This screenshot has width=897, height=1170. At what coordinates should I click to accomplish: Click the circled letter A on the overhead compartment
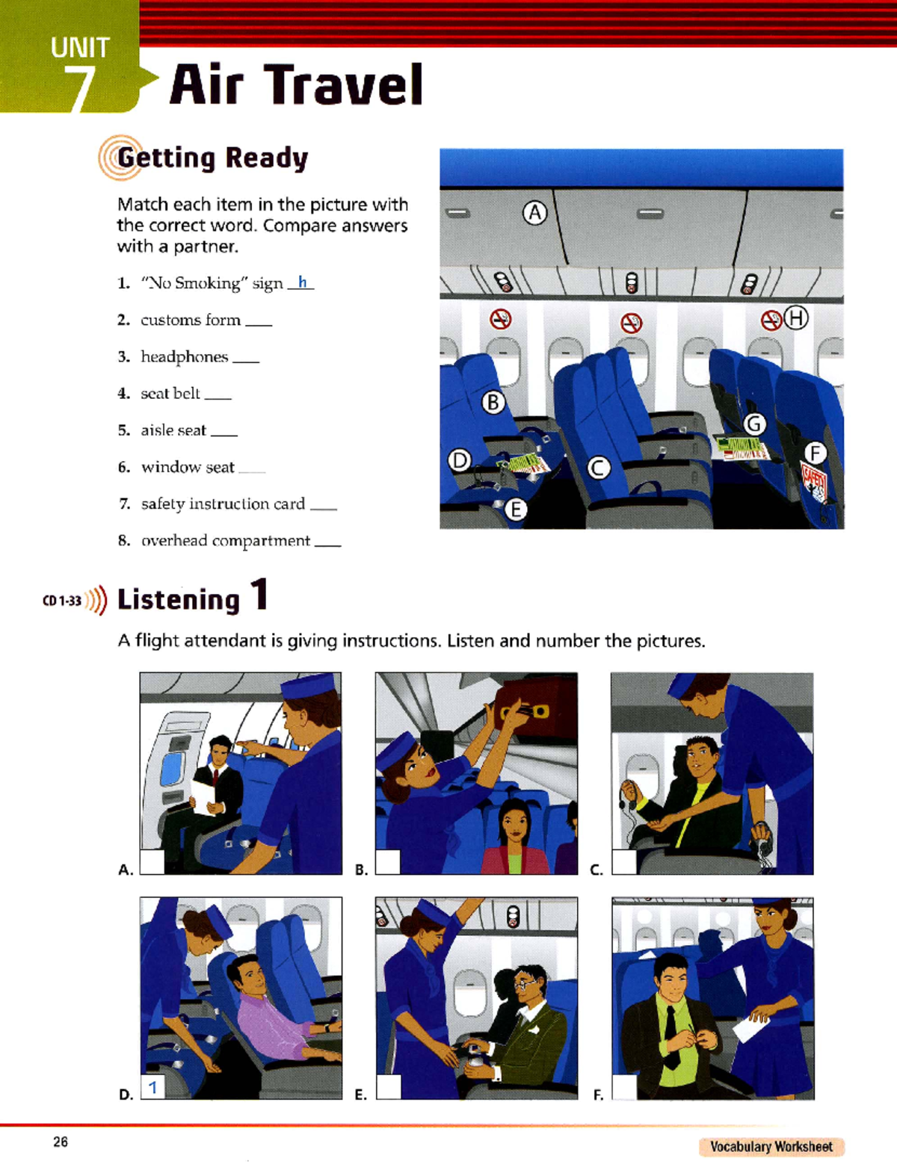534,214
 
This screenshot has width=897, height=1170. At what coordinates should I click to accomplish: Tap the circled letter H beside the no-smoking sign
797,318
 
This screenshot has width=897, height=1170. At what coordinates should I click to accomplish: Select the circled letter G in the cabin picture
754,424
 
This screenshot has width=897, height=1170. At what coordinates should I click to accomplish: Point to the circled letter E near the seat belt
516,510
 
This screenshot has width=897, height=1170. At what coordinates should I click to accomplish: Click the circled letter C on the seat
598,468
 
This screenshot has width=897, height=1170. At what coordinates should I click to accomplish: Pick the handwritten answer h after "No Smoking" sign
302,282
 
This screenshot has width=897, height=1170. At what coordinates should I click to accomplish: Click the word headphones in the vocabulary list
184,357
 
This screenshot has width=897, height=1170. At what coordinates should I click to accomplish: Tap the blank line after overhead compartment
327,545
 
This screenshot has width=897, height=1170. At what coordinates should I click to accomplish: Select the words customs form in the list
191,321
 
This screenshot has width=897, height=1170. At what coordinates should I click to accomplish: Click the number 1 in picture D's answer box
152,1087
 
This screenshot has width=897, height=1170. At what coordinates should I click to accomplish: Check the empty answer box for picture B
387,861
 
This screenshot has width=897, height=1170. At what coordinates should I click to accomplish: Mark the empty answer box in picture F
623,1087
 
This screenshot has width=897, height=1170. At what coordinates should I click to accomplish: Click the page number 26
61,1142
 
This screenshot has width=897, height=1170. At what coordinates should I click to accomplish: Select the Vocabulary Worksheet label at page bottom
771,1147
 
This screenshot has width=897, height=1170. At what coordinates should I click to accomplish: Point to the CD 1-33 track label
62,601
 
